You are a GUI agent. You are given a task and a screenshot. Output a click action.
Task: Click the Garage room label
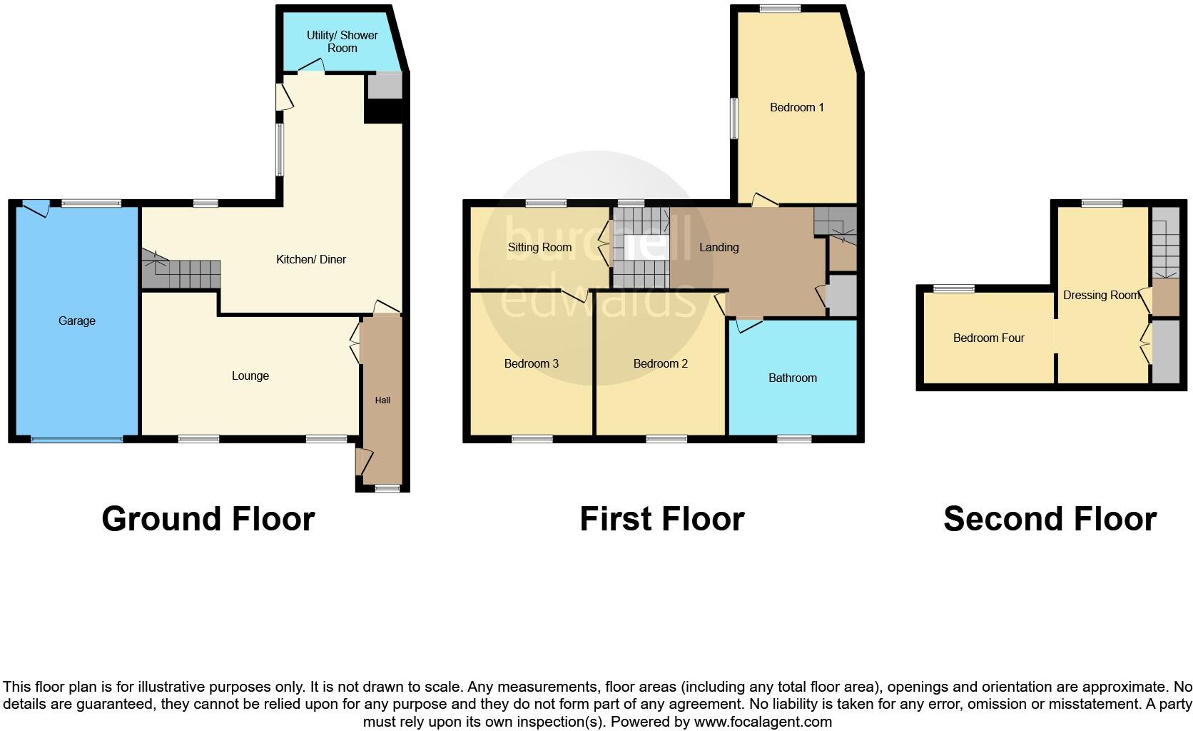[77, 321]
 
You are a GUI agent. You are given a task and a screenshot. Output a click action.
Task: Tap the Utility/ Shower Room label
[342, 41]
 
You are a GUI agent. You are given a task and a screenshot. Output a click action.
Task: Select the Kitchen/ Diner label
[311, 260]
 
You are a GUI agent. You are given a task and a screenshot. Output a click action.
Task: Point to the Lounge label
[250, 376]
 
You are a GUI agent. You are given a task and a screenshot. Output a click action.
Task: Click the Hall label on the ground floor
[382, 400]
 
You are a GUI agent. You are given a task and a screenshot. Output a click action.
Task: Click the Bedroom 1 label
[797, 108]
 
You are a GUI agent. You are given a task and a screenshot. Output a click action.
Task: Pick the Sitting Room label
[539, 248]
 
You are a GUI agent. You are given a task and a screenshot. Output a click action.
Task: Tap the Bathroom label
[793, 378]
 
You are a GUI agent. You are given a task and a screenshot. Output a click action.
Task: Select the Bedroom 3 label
[532, 364]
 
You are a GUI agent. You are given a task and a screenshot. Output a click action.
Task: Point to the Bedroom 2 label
[661, 364]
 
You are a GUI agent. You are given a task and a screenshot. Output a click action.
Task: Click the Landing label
[719, 248]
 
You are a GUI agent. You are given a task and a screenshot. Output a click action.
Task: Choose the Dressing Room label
[1101, 296]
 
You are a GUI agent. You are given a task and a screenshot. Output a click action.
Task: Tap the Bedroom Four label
[989, 338]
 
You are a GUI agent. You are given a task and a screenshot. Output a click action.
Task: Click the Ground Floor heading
[208, 519]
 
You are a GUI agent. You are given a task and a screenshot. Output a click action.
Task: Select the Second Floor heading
[1050, 519]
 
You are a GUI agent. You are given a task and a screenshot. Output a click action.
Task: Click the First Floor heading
[662, 519]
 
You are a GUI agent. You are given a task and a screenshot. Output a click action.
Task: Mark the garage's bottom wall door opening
[76, 439]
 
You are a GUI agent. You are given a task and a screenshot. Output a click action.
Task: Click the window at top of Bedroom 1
[780, 9]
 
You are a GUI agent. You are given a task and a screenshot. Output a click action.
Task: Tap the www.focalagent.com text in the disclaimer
[763, 722]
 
